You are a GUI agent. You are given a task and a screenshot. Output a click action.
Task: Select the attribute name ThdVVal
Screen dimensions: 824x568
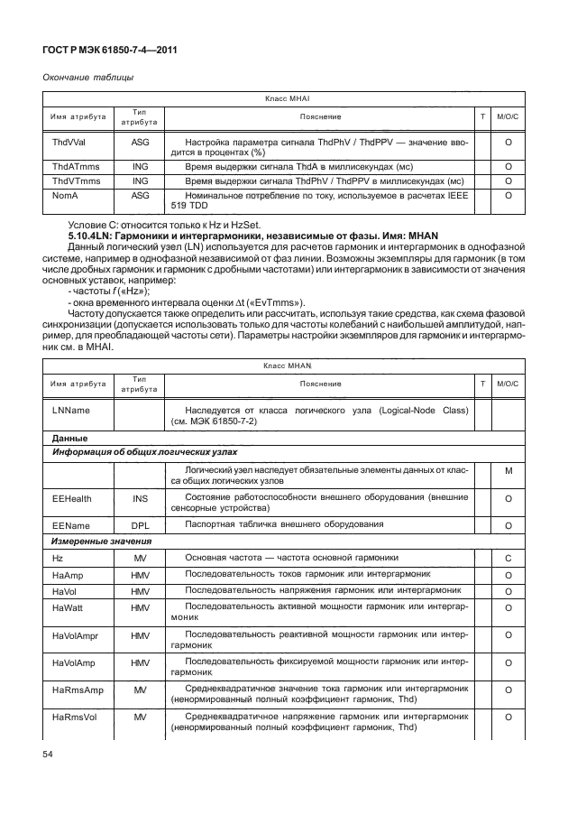pyautogui.click(x=69, y=143)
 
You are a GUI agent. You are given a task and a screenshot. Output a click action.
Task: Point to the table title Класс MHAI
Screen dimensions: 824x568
pyautogui.click(x=287, y=98)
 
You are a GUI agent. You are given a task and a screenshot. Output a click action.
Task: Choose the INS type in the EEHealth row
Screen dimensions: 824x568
pyautogui.click(x=140, y=497)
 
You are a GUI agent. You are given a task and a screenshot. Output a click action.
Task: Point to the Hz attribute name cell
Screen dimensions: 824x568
pyautogui.click(x=59, y=559)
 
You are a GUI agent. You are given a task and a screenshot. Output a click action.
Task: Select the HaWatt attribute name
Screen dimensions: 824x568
pyautogui.click(x=69, y=608)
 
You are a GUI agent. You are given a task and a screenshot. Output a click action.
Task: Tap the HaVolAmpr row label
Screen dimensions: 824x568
pyautogui.click(x=77, y=635)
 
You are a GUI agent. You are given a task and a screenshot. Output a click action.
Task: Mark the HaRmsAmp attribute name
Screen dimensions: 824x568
pyautogui.click(x=75, y=690)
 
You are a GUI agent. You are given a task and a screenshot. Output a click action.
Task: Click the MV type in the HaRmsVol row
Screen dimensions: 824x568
pyautogui.click(x=140, y=717)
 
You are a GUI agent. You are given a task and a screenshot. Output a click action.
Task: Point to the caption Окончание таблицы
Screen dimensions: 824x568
pyautogui.click(x=82, y=77)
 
